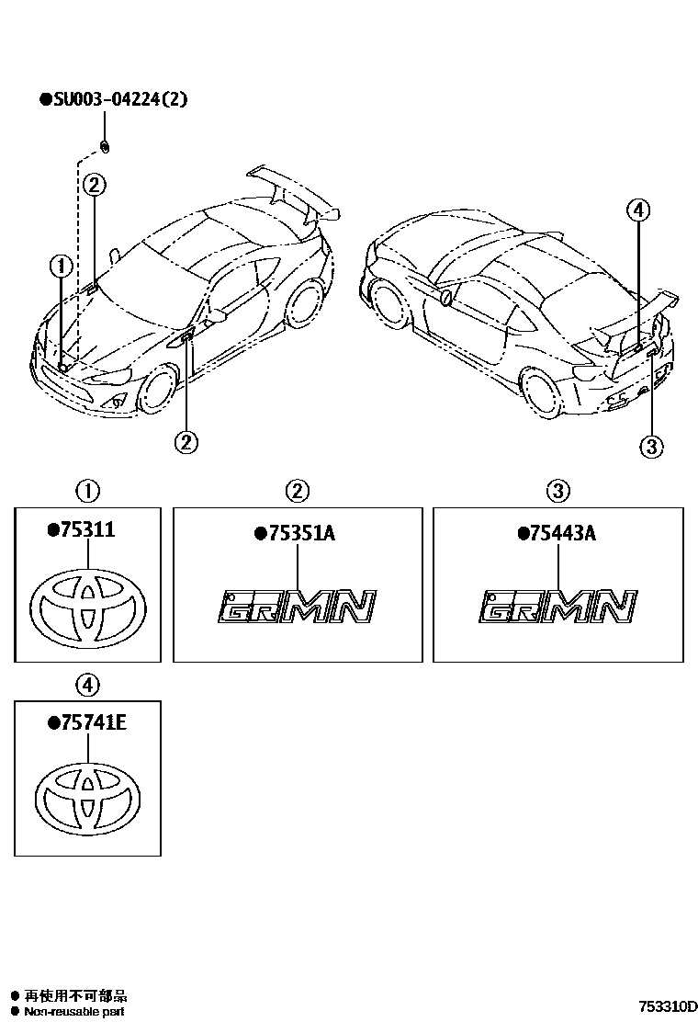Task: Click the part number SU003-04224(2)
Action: [x=118, y=99]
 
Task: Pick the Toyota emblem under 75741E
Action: [x=89, y=797]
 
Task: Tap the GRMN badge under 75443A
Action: [x=558, y=607]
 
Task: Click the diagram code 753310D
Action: [x=669, y=1006]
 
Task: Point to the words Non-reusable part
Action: [x=74, y=1012]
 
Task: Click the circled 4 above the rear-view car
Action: [x=638, y=210]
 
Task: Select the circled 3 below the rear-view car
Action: [x=650, y=447]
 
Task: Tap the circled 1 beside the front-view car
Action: [x=61, y=267]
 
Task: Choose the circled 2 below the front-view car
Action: [x=186, y=442]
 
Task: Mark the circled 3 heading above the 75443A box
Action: [x=558, y=492]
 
